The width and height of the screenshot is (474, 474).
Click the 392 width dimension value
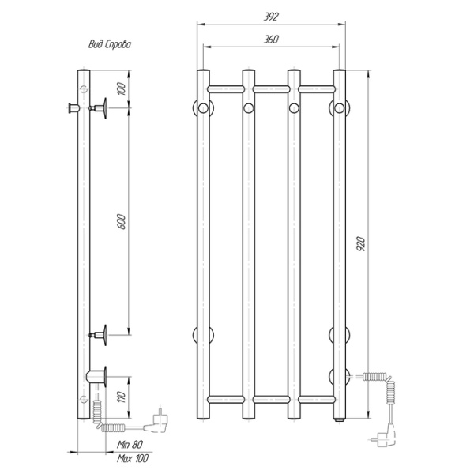pyautogui.click(x=273, y=16)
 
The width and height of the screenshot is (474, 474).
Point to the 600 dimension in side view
pyautogui.click(x=121, y=224)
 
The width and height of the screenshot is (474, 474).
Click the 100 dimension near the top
pyautogui.click(x=121, y=88)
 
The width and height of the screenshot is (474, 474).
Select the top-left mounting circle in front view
pyautogui.click(x=203, y=107)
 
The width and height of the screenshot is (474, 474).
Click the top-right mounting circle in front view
pyautogui.click(x=340, y=107)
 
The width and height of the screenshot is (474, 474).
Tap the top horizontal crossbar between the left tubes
pyautogui.click(x=225, y=86)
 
